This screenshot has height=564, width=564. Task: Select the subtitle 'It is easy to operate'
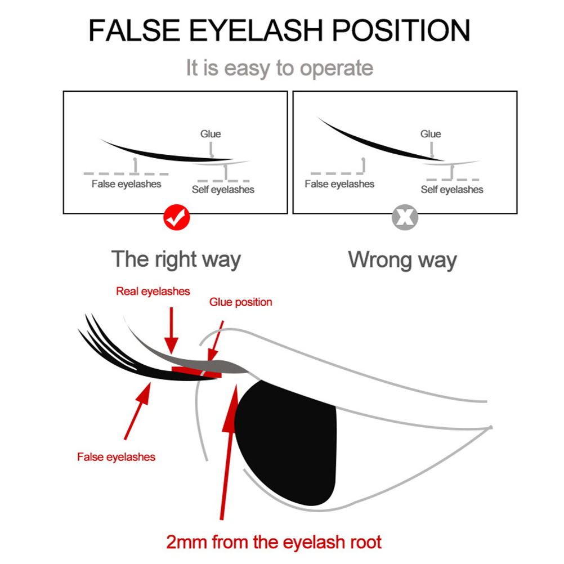[280, 68]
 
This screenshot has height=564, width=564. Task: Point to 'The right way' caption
[176, 259]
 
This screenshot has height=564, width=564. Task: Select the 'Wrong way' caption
[402, 259]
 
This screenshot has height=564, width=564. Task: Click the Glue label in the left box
[211, 134]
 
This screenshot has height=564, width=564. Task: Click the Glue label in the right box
[431, 134]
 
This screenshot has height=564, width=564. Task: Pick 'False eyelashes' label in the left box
[126, 184]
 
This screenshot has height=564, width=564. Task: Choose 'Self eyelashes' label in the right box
[452, 190]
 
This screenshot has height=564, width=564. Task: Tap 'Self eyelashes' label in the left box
[223, 190]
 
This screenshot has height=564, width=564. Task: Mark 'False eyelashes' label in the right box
[339, 184]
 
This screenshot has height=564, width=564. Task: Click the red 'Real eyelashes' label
[153, 291]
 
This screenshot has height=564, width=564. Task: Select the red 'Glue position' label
[241, 302]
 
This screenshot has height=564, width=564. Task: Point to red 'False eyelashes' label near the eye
[116, 456]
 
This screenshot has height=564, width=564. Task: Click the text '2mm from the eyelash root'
[274, 542]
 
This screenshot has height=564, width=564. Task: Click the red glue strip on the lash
[197, 371]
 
